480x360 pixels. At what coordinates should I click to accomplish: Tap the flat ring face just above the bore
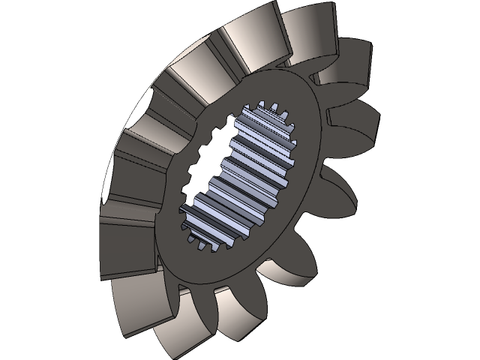(270, 82)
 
